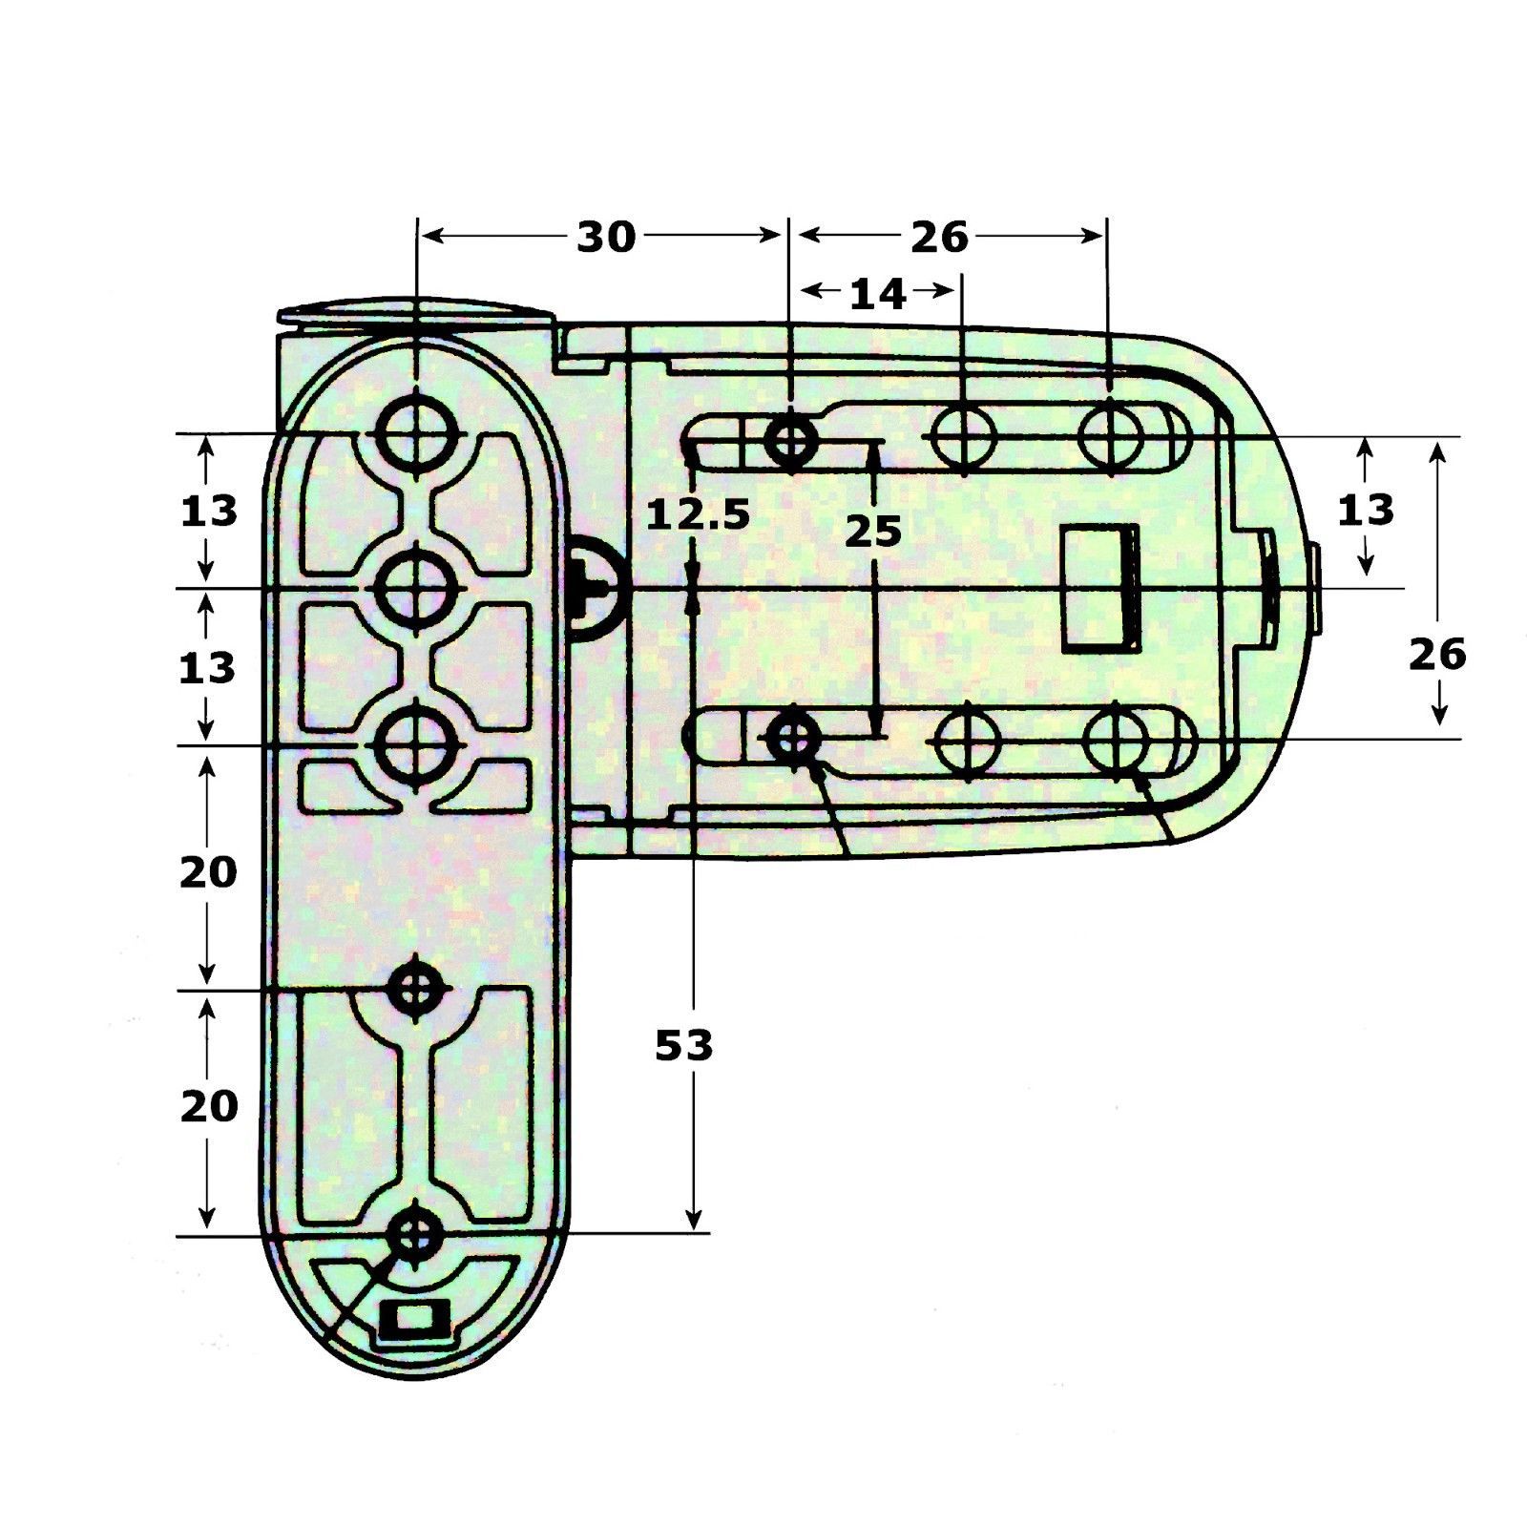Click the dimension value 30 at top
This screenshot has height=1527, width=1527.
[605, 238]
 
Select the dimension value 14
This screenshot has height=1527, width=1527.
[877, 295]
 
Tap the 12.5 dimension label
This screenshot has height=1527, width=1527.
[698, 515]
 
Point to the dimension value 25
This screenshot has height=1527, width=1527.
[872, 532]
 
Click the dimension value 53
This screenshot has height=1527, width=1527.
[683, 1047]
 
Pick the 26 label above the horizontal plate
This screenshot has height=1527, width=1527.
[939, 238]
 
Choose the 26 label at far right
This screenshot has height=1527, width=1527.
[1437, 655]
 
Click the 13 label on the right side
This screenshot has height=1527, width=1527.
[1366, 511]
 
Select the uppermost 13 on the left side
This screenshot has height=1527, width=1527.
[208, 512]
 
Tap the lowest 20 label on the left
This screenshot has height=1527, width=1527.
[208, 1107]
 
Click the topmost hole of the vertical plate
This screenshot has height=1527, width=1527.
[416, 432]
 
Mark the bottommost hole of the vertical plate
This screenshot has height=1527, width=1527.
[416, 1233]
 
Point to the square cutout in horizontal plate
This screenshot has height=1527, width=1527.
[1101, 589]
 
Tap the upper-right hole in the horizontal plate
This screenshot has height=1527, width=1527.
[1110, 436]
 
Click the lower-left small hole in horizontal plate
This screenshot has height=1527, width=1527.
[792, 736]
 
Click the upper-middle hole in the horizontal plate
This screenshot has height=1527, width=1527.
[964, 437]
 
